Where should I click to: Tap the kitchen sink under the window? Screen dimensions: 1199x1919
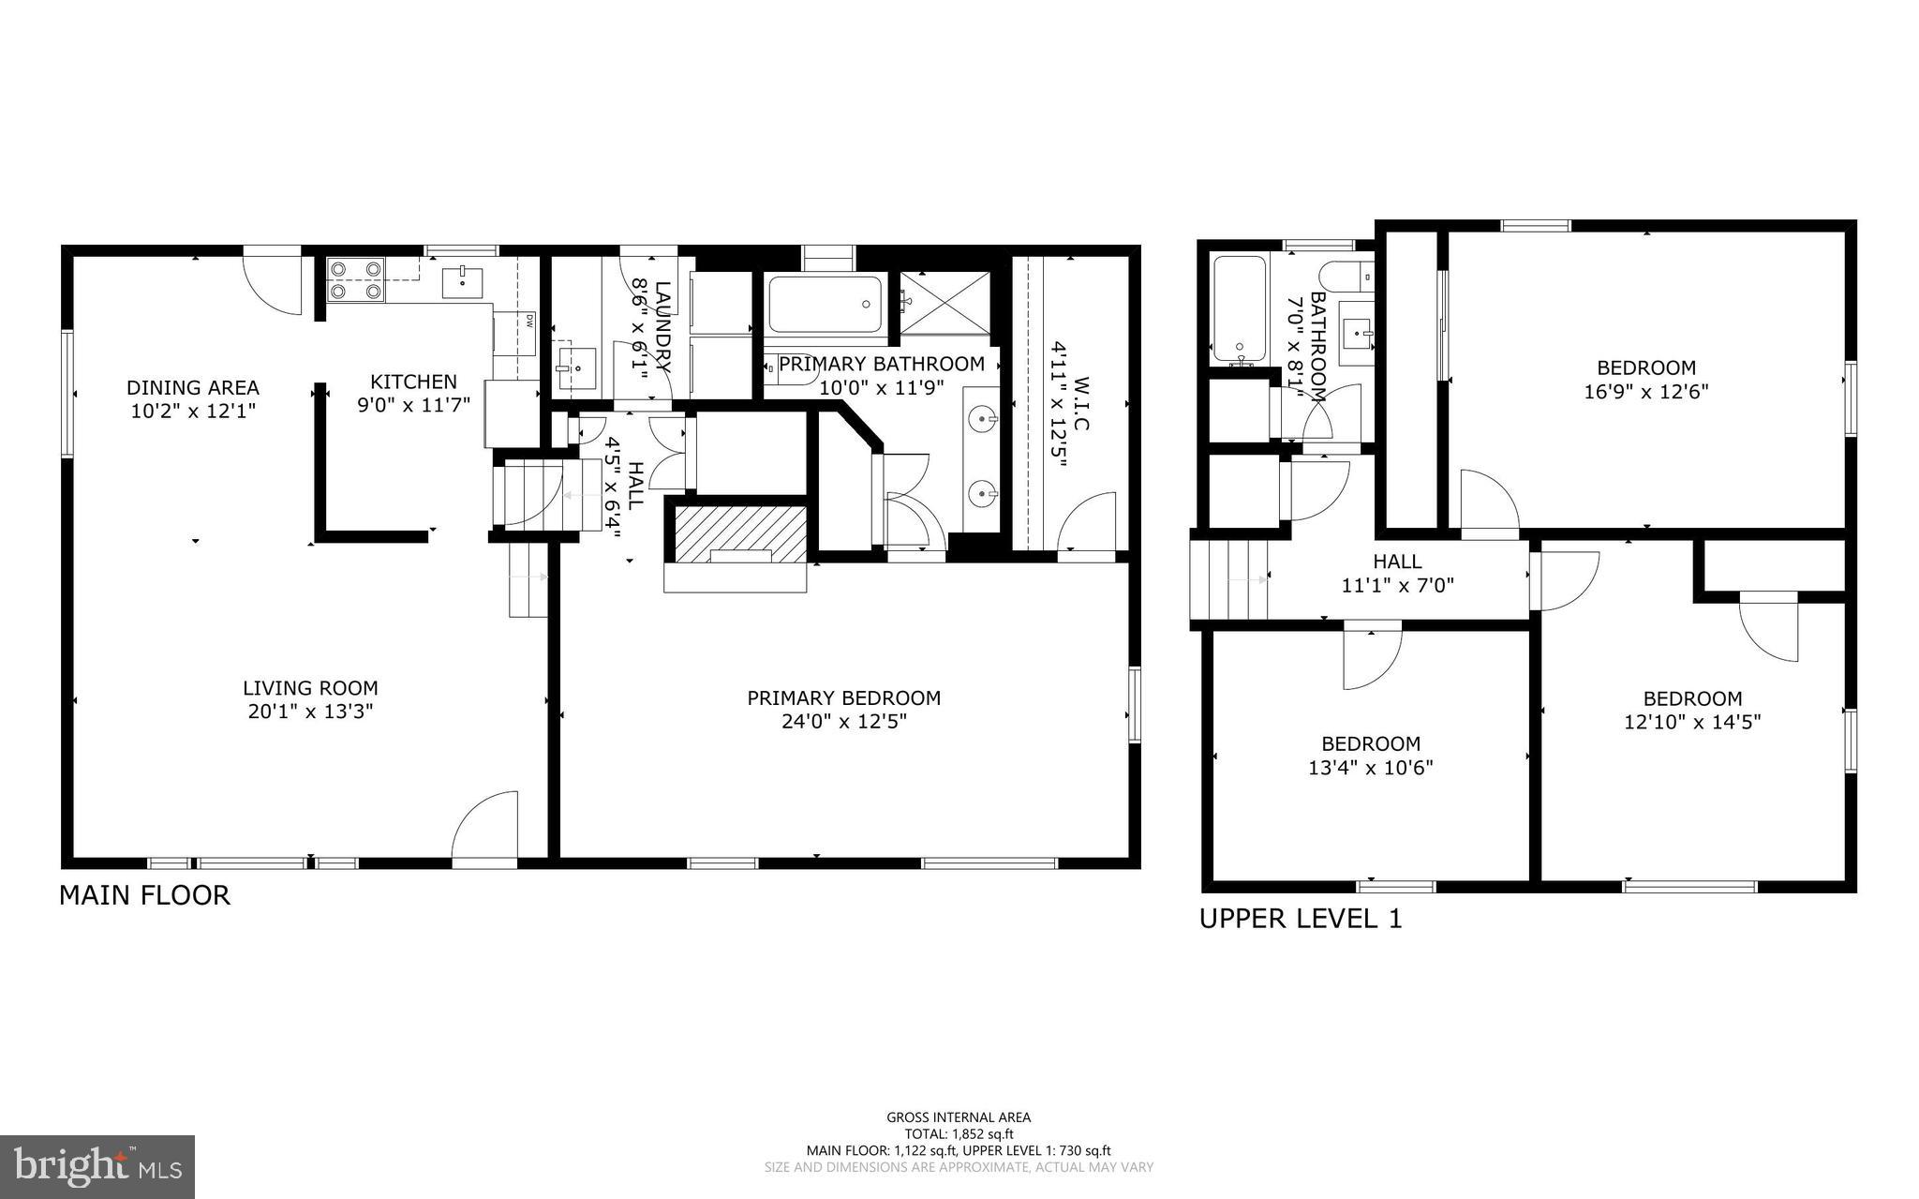(x=462, y=278)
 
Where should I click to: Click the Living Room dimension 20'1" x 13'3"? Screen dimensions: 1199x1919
(x=310, y=712)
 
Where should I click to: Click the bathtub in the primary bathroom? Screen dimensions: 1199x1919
(x=825, y=304)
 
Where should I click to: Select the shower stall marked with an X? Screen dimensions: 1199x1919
(x=945, y=302)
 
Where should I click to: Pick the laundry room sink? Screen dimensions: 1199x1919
(x=576, y=368)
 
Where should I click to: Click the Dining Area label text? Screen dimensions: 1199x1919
(x=192, y=387)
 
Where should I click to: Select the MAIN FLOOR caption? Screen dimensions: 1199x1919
(x=144, y=895)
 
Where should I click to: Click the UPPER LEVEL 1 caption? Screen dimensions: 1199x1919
(x=1301, y=919)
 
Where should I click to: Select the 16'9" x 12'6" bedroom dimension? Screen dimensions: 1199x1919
(x=1645, y=392)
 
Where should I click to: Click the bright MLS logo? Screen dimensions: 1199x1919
(x=97, y=1165)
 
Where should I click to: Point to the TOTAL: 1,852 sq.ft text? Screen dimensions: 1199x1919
(x=959, y=1133)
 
